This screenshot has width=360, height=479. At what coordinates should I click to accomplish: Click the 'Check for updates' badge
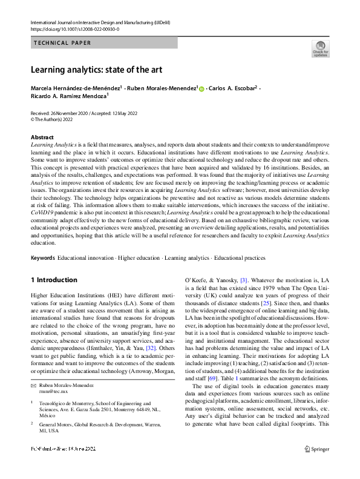[x=320, y=49]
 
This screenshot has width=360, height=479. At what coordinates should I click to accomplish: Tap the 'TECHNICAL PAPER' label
[x=63, y=43]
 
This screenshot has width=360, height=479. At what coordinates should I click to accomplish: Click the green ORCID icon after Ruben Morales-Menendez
[x=201, y=88]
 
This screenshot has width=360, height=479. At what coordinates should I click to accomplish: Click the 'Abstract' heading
[x=42, y=137]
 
